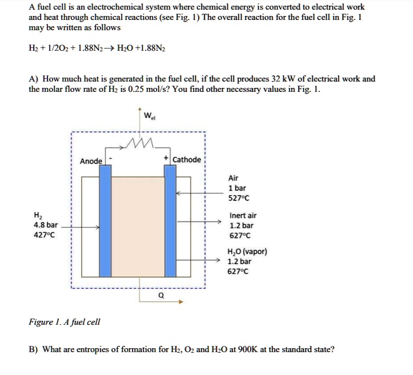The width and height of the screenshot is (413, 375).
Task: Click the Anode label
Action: pyautogui.click(x=91, y=162)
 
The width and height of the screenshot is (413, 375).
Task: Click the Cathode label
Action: pyautogui.click(x=186, y=160)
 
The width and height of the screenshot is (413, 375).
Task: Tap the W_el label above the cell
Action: pyautogui.click(x=150, y=118)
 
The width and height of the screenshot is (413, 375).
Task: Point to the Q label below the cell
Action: pyautogui.click(x=161, y=296)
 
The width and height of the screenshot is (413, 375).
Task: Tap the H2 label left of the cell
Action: pyautogui.click(x=38, y=215)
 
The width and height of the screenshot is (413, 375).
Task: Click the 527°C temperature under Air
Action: pyautogui.click(x=239, y=198)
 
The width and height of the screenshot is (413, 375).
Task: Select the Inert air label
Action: pyautogui.click(x=243, y=215)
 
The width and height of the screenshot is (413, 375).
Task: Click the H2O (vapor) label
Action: pyautogui.click(x=247, y=252)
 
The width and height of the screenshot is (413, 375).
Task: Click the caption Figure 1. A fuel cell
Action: pyautogui.click(x=65, y=322)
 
